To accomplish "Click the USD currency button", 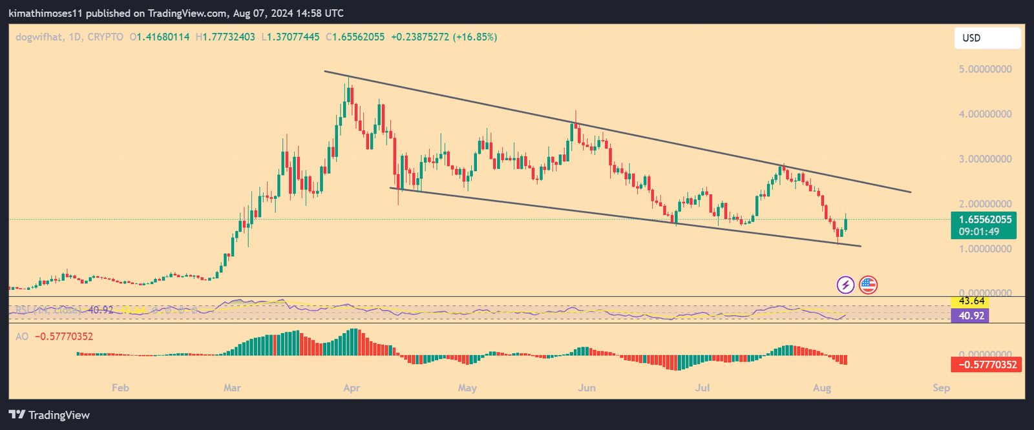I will coord(987,38).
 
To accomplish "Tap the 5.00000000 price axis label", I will coord(985,69).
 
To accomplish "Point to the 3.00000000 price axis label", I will coord(985,159).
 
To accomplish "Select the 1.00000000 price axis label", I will coord(985,249).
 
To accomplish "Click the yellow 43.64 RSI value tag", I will coord(971,302).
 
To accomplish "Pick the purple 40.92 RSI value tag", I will coord(971,316).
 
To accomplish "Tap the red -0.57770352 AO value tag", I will coord(987,365).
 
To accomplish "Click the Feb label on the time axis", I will coord(120,388).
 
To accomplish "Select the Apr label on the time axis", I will coord(352,388).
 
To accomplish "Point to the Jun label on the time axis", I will coord(586,388).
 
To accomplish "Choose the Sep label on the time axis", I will coord(941,388).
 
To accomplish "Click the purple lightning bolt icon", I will coord(845,285).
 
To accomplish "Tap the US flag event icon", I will coord(868,285).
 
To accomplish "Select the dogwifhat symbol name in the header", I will coord(39,37).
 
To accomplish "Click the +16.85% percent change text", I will coord(475,37).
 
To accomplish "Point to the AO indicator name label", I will coord(22,336).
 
